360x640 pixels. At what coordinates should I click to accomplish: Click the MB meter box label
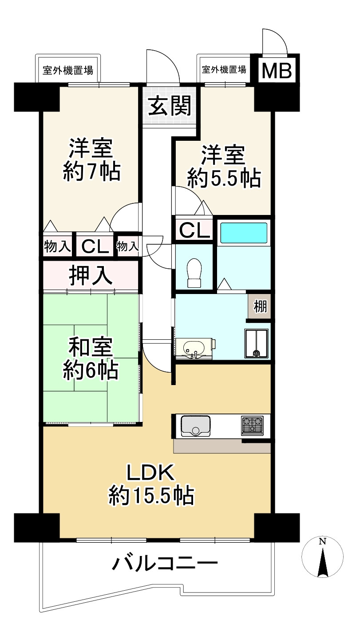click(276, 70)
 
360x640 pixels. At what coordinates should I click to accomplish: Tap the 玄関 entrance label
click(170, 106)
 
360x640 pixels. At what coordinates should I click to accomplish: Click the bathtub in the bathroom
click(244, 232)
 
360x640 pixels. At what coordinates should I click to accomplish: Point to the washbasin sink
click(194, 348)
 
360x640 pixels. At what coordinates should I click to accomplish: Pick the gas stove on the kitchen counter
click(252, 425)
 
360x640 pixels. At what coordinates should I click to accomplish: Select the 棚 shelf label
click(260, 306)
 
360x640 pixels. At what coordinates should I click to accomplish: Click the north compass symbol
click(323, 557)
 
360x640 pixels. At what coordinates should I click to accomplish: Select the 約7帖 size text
click(91, 171)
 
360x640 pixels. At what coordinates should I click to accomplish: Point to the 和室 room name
click(91, 348)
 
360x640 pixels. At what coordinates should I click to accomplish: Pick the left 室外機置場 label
click(68, 70)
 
